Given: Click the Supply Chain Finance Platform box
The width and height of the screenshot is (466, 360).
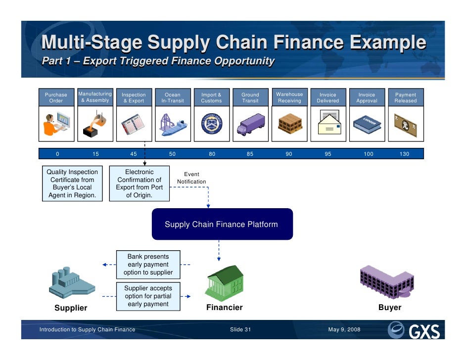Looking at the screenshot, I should pyautogui.click(x=222, y=224).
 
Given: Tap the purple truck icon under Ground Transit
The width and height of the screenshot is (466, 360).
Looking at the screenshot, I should pyautogui.click(x=250, y=123).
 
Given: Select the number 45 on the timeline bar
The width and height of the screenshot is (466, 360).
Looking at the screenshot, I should pyautogui.click(x=134, y=154).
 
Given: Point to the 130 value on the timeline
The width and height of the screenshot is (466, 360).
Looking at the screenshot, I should pyautogui.click(x=405, y=154).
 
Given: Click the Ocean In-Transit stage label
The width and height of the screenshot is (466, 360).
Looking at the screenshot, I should pyautogui.click(x=173, y=97).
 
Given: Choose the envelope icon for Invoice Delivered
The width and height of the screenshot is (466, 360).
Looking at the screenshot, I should pyautogui.click(x=328, y=123).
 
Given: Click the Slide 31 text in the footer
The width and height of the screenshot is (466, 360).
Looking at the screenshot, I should pyautogui.click(x=240, y=329).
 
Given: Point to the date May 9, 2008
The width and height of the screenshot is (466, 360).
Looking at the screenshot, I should pyautogui.click(x=344, y=329).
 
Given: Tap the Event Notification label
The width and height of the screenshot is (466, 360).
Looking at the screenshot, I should pyautogui.click(x=191, y=178).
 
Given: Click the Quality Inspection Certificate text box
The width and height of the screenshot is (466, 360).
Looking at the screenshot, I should pyautogui.click(x=72, y=183).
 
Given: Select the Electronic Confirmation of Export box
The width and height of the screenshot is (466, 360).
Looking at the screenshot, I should pyautogui.click(x=140, y=183).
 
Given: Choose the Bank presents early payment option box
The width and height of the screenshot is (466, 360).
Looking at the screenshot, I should pyautogui.click(x=148, y=265).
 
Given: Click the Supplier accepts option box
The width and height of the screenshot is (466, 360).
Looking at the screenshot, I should pyautogui.click(x=148, y=296).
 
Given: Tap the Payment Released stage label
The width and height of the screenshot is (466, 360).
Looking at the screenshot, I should pyautogui.click(x=405, y=97).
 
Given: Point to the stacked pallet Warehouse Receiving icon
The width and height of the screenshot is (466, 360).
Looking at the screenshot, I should pyautogui.click(x=289, y=123).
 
